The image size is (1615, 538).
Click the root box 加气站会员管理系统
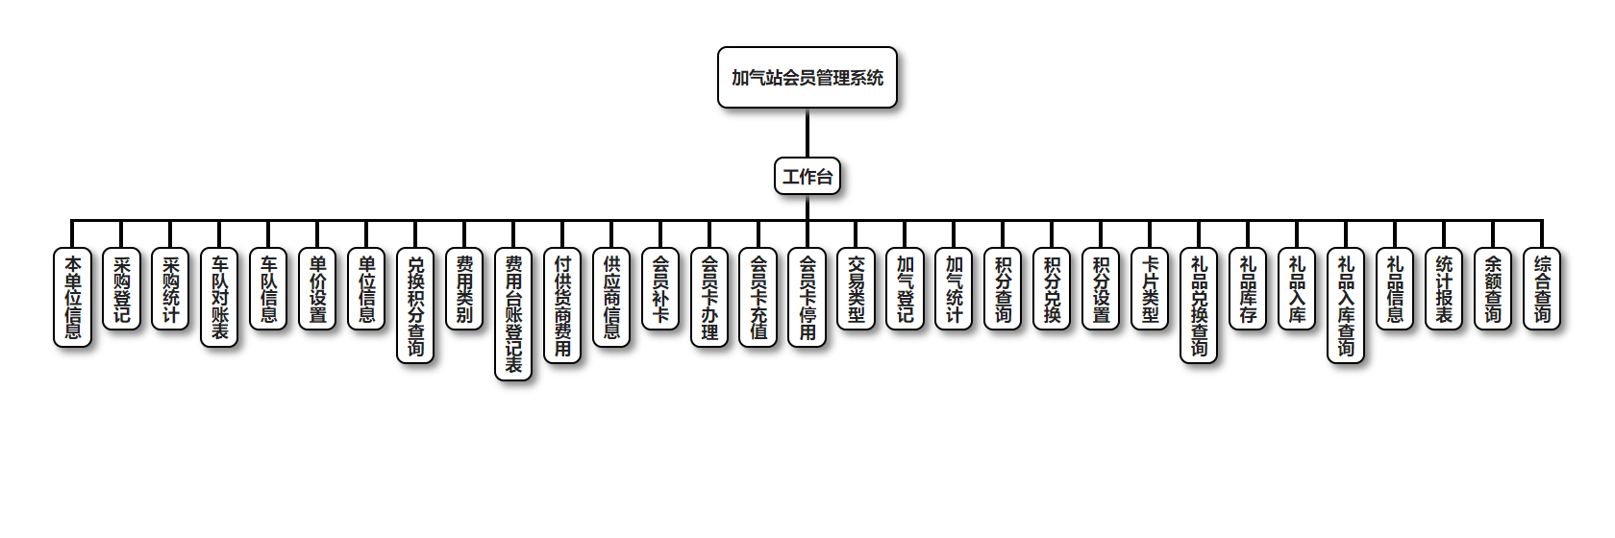(x=807, y=78)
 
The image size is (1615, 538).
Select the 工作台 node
(x=807, y=177)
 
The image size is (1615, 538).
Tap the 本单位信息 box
(x=72, y=297)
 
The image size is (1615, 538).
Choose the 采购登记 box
(x=121, y=288)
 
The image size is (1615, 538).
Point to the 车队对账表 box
(x=219, y=297)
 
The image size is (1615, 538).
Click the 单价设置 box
(x=317, y=288)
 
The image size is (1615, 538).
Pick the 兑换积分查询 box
(x=415, y=306)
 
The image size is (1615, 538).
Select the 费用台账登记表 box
(x=513, y=314)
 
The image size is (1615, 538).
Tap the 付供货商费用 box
(x=562, y=306)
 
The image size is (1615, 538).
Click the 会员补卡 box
(x=660, y=288)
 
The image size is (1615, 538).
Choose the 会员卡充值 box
(x=758, y=297)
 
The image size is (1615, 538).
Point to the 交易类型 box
(x=856, y=288)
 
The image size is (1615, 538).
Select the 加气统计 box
(x=954, y=288)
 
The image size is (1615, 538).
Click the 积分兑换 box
(x=1052, y=288)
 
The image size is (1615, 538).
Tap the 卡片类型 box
(x=1150, y=288)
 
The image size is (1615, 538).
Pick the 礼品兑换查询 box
(x=1199, y=306)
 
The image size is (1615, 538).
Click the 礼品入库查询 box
(x=1346, y=306)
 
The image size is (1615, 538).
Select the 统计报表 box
(x=1444, y=288)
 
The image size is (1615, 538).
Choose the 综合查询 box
(x=1542, y=288)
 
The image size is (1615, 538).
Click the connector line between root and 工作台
(x=807, y=134)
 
